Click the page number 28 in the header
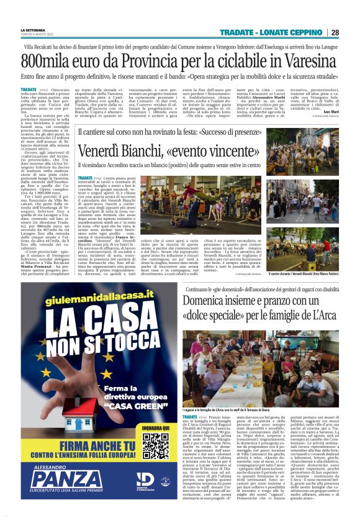click(335, 33)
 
